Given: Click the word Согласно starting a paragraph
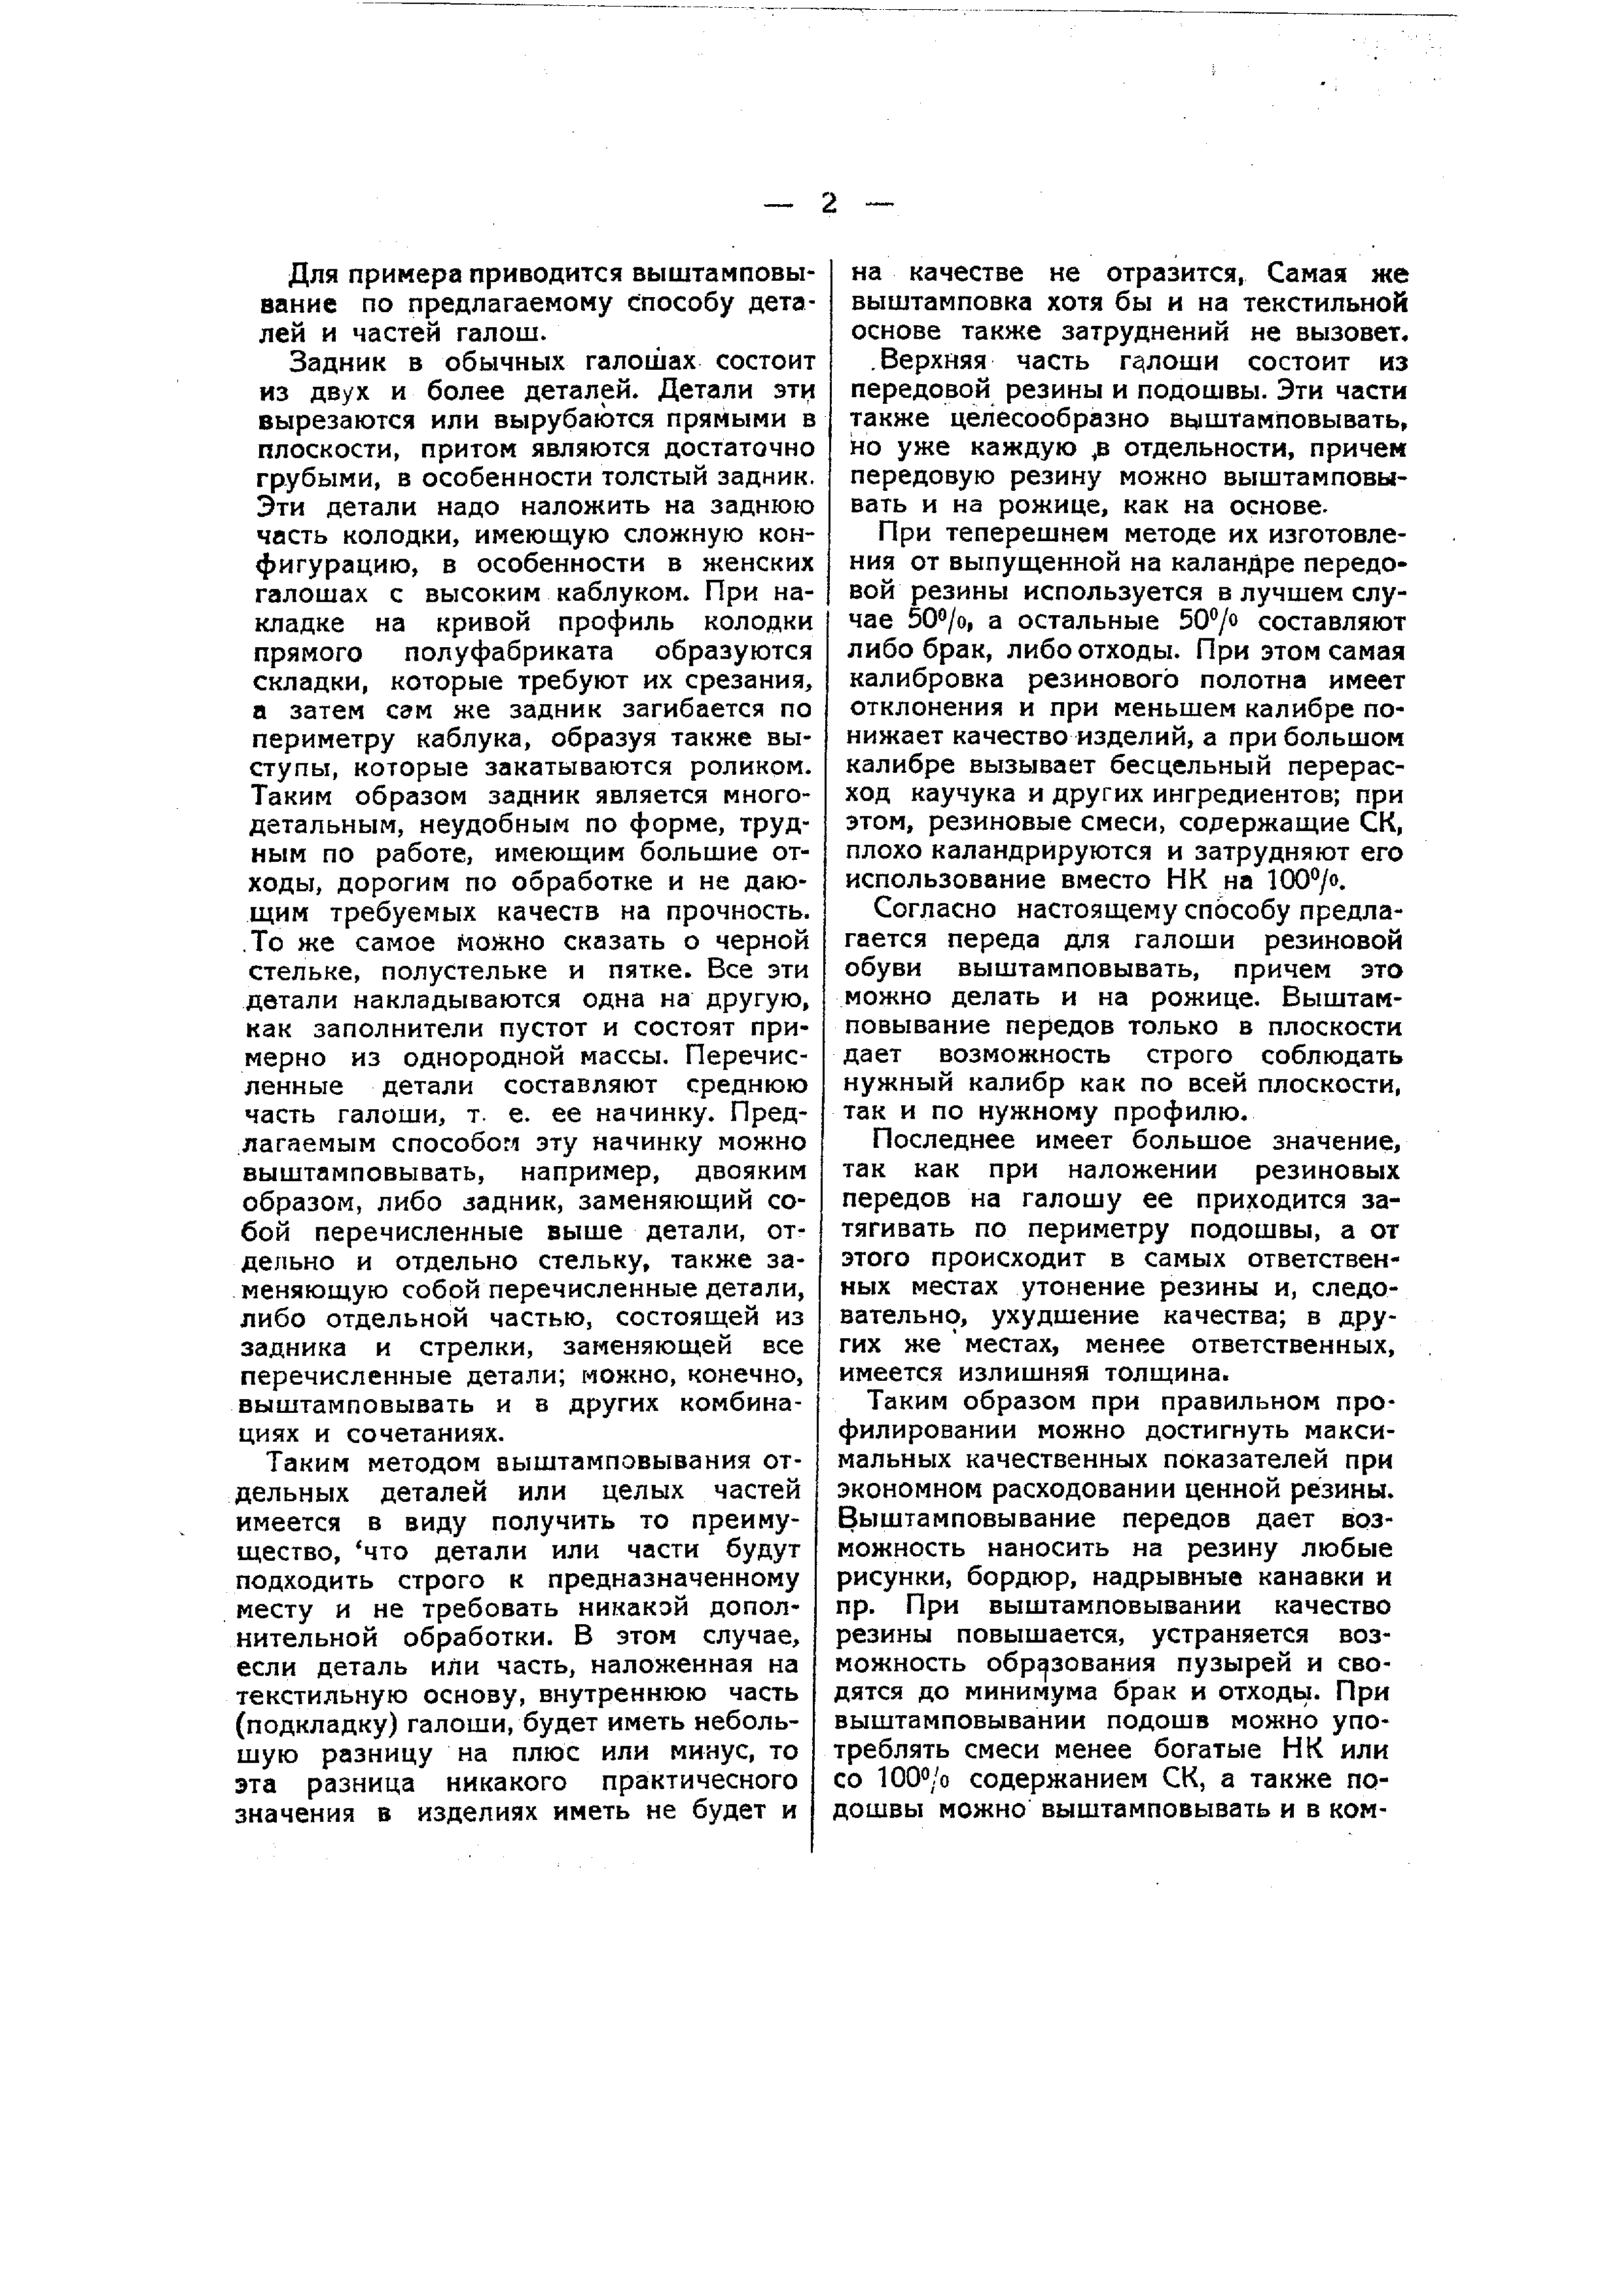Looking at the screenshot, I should (x=935, y=910).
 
